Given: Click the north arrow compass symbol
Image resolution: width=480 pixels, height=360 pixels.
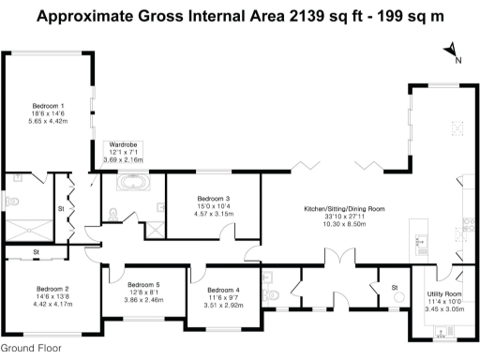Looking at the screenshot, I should (451, 52).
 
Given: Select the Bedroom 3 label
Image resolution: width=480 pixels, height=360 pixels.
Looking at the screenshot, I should (214, 199).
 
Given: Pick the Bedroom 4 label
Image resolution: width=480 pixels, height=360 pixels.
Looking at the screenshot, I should (224, 290).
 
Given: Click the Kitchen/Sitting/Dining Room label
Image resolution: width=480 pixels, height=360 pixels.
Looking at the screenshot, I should (343, 207).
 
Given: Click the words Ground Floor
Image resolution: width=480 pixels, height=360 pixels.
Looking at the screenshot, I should (31, 348).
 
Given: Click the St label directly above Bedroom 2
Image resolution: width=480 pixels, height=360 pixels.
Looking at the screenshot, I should (36, 251).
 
